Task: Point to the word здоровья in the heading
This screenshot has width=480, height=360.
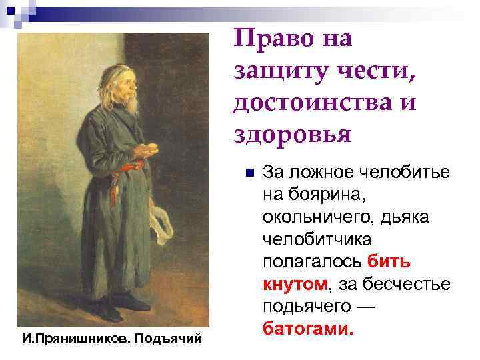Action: pyautogui.click(x=292, y=135)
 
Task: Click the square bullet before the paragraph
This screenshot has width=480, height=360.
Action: pyautogui.click(x=248, y=174)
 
